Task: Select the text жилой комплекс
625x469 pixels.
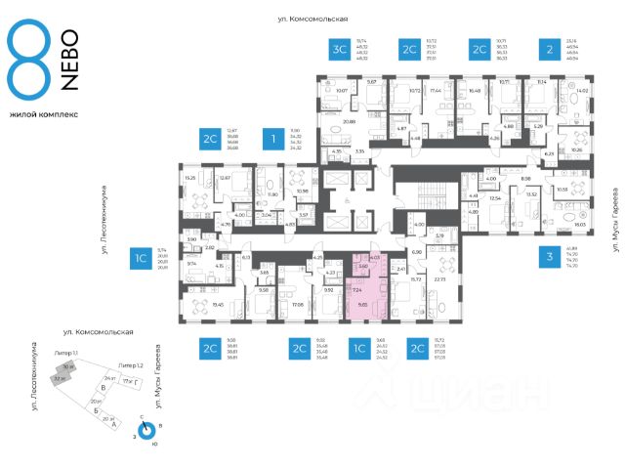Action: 43,114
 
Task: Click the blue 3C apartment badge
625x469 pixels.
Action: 340,51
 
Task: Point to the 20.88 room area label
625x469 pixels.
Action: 350,122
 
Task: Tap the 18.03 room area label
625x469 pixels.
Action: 580,225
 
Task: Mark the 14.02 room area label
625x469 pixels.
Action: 584,91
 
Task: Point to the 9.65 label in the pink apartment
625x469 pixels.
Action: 363,305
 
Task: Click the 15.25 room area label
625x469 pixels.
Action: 189,178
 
